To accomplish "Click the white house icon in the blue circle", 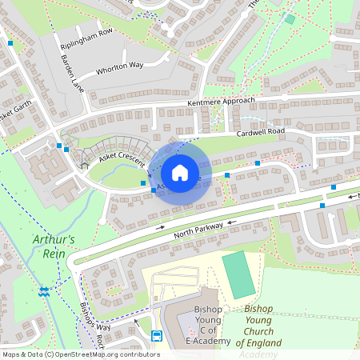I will [x=180, y=173].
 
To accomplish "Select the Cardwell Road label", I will [x=260, y=130].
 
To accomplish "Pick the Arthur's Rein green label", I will [x=54, y=246].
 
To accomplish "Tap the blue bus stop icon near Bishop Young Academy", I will [x=157, y=335].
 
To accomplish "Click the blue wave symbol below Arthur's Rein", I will [x=44, y=291].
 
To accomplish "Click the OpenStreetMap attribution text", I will [x=80, y=354].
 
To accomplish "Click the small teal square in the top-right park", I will [x=290, y=19].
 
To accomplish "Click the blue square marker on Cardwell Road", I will [x=258, y=163].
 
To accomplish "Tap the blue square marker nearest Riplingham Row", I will [x=10, y=42].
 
